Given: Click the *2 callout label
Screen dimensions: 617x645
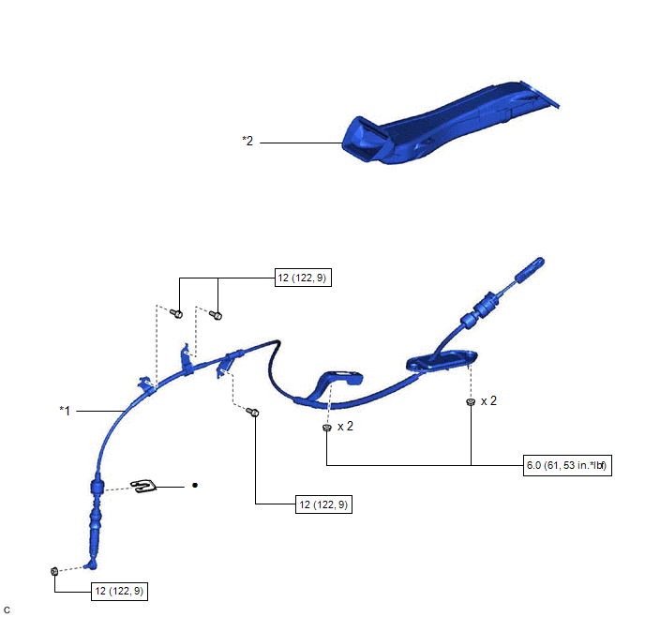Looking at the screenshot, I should [247, 142].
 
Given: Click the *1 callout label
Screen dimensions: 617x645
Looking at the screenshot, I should [65, 410].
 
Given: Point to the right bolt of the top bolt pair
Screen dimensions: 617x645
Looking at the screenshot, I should [216, 314].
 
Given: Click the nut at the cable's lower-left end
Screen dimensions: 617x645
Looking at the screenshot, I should [55, 571].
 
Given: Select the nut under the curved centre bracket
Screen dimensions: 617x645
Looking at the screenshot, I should [325, 428].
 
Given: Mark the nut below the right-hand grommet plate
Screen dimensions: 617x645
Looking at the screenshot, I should [469, 401].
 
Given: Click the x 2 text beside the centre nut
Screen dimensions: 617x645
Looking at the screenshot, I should [346, 426].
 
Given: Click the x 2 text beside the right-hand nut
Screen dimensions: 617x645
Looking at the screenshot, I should [489, 400].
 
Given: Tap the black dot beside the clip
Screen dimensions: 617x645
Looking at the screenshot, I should [195, 486].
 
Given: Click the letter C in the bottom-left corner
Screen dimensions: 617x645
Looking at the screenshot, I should [7, 609].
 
